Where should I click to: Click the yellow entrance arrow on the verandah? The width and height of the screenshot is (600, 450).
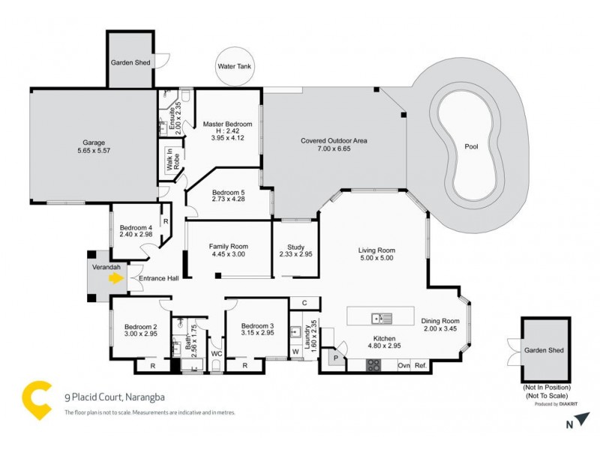(115, 278)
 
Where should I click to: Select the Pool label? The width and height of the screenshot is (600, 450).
(471, 146)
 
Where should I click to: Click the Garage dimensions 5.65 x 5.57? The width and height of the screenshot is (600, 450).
(94, 151)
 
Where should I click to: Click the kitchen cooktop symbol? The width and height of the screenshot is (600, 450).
(373, 365)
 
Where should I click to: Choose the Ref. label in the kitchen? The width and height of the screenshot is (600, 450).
(420, 366)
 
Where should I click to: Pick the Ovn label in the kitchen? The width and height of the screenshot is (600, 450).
(403, 366)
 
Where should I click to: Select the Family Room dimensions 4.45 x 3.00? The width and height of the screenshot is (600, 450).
(229, 255)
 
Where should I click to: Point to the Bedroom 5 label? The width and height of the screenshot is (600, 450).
(229, 192)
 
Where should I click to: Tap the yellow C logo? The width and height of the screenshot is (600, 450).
(36, 399)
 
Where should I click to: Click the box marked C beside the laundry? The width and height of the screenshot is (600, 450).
(304, 303)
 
